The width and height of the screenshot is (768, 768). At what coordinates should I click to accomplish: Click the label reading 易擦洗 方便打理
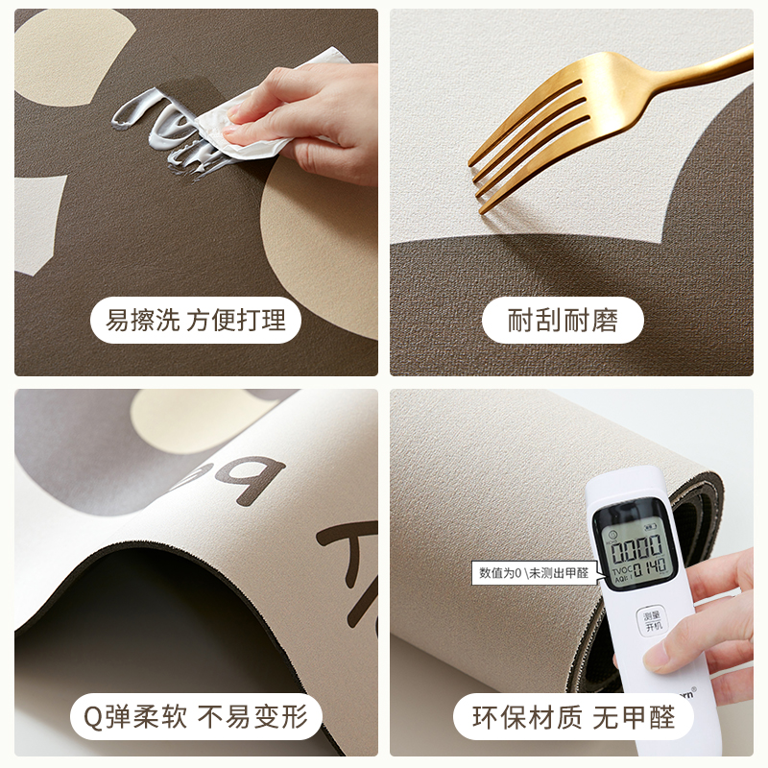tap(196, 321)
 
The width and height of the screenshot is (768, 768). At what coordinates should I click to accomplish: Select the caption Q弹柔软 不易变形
tap(196, 716)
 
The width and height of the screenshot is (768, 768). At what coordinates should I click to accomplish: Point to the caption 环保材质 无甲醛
tap(574, 716)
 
